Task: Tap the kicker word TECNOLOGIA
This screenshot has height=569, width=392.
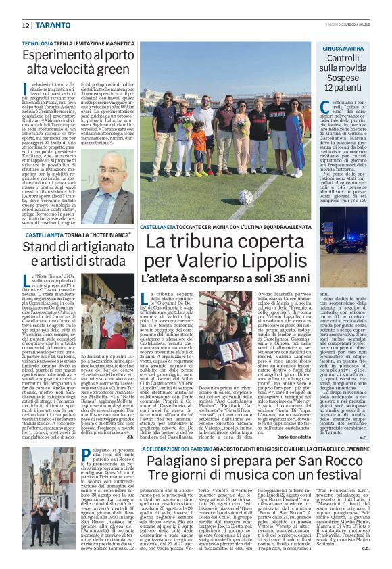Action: pos(39,43)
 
